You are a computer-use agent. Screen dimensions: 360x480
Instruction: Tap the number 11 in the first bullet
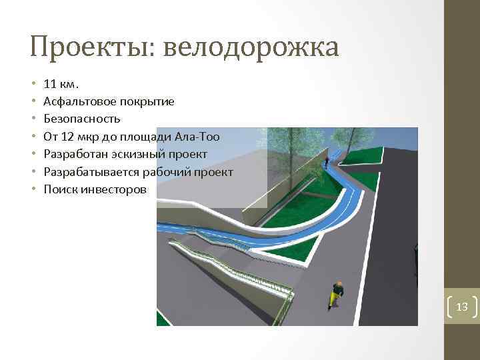coord(49,85)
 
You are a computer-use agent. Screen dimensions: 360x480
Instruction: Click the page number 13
coord(462,307)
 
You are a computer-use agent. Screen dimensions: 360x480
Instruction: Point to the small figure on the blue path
coord(326,162)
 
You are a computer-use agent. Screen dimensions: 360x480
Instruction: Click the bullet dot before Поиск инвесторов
coord(33,189)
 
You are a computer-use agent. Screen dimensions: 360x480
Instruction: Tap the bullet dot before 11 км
coord(33,85)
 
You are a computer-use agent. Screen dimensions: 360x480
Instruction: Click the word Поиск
coord(59,189)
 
